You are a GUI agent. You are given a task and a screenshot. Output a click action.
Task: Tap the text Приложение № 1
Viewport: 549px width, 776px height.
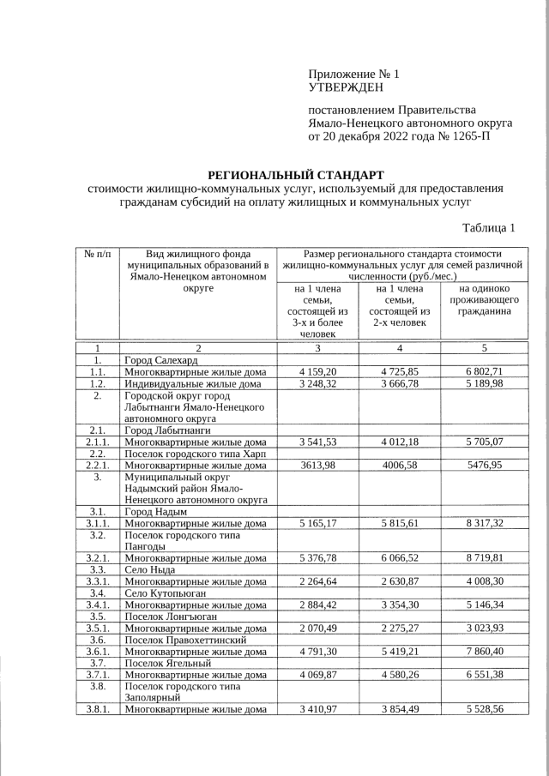[x=353, y=74]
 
